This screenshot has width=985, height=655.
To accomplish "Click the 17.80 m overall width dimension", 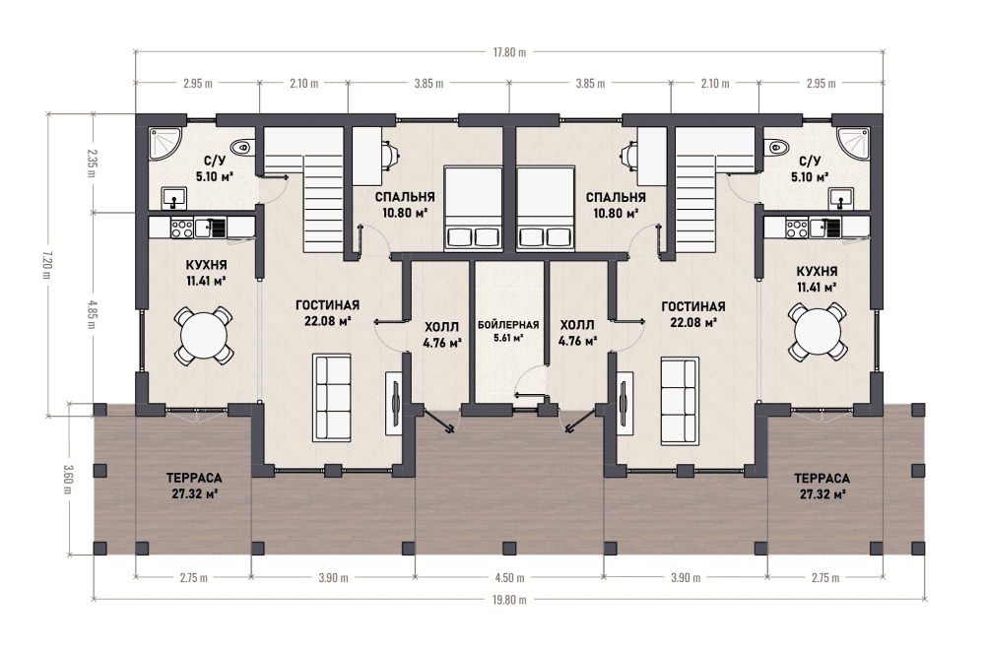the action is pyautogui.click(x=509, y=52).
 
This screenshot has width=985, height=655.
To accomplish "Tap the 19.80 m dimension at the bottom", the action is pyautogui.click(x=509, y=600).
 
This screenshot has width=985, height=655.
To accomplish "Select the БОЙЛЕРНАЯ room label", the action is pyautogui.click(x=508, y=325).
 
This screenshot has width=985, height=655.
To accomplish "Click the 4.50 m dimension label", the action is pyautogui.click(x=509, y=578).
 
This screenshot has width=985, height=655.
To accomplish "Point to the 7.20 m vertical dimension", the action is pyautogui.click(x=48, y=264).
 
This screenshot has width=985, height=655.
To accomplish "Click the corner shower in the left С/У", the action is pyautogui.click(x=164, y=145).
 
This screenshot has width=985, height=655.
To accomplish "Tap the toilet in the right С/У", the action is pyautogui.click(x=777, y=147).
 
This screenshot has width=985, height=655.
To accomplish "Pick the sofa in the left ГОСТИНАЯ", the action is pyautogui.click(x=332, y=398).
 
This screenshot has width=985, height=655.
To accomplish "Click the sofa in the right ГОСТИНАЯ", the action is pyautogui.click(x=680, y=401).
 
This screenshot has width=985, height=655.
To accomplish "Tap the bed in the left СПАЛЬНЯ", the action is pyautogui.click(x=473, y=209).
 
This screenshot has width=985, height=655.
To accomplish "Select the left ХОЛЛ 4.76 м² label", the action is pyautogui.click(x=442, y=335).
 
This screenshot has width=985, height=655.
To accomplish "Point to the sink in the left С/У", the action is pyautogui.click(x=173, y=198).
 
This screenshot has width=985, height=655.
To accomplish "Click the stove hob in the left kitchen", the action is pyautogui.click(x=182, y=228).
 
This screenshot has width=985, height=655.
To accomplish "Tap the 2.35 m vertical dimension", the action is pyautogui.click(x=92, y=163).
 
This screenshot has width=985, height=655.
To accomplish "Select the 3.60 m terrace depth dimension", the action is pyautogui.click(x=68, y=479).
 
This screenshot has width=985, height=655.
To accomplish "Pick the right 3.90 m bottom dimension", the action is pyautogui.click(x=686, y=578).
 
